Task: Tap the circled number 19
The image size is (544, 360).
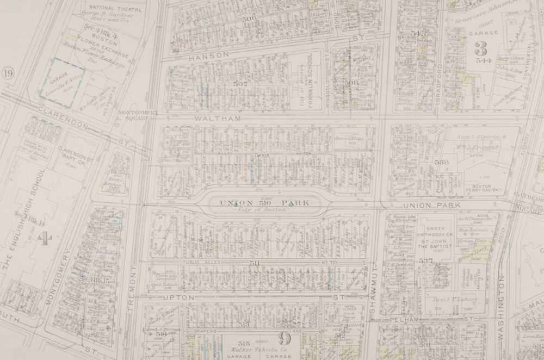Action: tap(7, 74)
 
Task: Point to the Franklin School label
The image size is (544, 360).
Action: tap(311, 79)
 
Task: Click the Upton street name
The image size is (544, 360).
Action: tap(179, 297)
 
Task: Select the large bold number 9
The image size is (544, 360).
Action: tap(284, 339)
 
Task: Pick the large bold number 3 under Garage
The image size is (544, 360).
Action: tap(480, 48)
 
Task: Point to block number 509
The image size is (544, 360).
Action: tap(261, 156)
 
